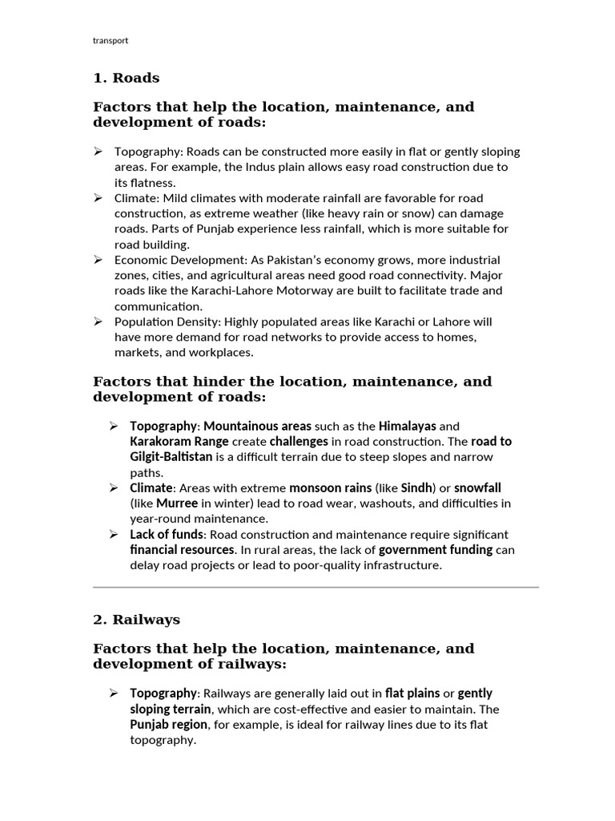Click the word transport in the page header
tap(111, 40)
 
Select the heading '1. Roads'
tap(127, 78)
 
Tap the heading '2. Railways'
tap(136, 620)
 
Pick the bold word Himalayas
tap(407, 427)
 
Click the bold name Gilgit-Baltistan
tap(171, 457)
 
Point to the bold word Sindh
tap(416, 487)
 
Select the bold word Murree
tap(177, 504)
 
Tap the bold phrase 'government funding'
tap(435, 550)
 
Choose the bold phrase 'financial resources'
tap(183, 550)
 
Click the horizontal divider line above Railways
tap(316, 588)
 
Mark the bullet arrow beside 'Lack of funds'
tap(114, 534)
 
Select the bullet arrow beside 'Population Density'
tap(98, 322)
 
